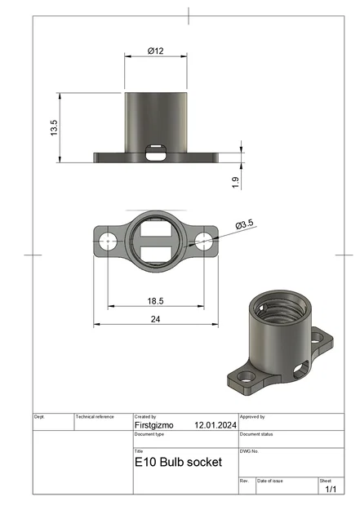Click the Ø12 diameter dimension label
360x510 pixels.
pyautogui.click(x=156, y=51)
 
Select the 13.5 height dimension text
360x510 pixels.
pyautogui.click(x=55, y=128)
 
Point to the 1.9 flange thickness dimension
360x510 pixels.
pyautogui.click(x=234, y=183)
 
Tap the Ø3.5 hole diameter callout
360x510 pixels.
pyautogui.click(x=245, y=224)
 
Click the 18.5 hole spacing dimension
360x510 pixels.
pyautogui.click(x=156, y=300)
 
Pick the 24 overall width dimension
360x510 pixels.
pyautogui.click(x=155, y=319)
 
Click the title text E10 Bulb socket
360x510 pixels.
pyautogui.click(x=178, y=462)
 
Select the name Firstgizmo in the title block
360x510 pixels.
pyautogui.click(x=156, y=425)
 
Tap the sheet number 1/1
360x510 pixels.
pyautogui.click(x=331, y=490)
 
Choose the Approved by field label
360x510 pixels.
pyautogui.click(x=253, y=417)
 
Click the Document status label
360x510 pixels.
pyautogui.click(x=257, y=434)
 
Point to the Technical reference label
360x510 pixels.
pyautogui.click(x=95, y=417)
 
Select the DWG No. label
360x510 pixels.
pyautogui.click(x=250, y=450)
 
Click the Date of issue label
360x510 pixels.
pyautogui.click(x=271, y=481)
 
